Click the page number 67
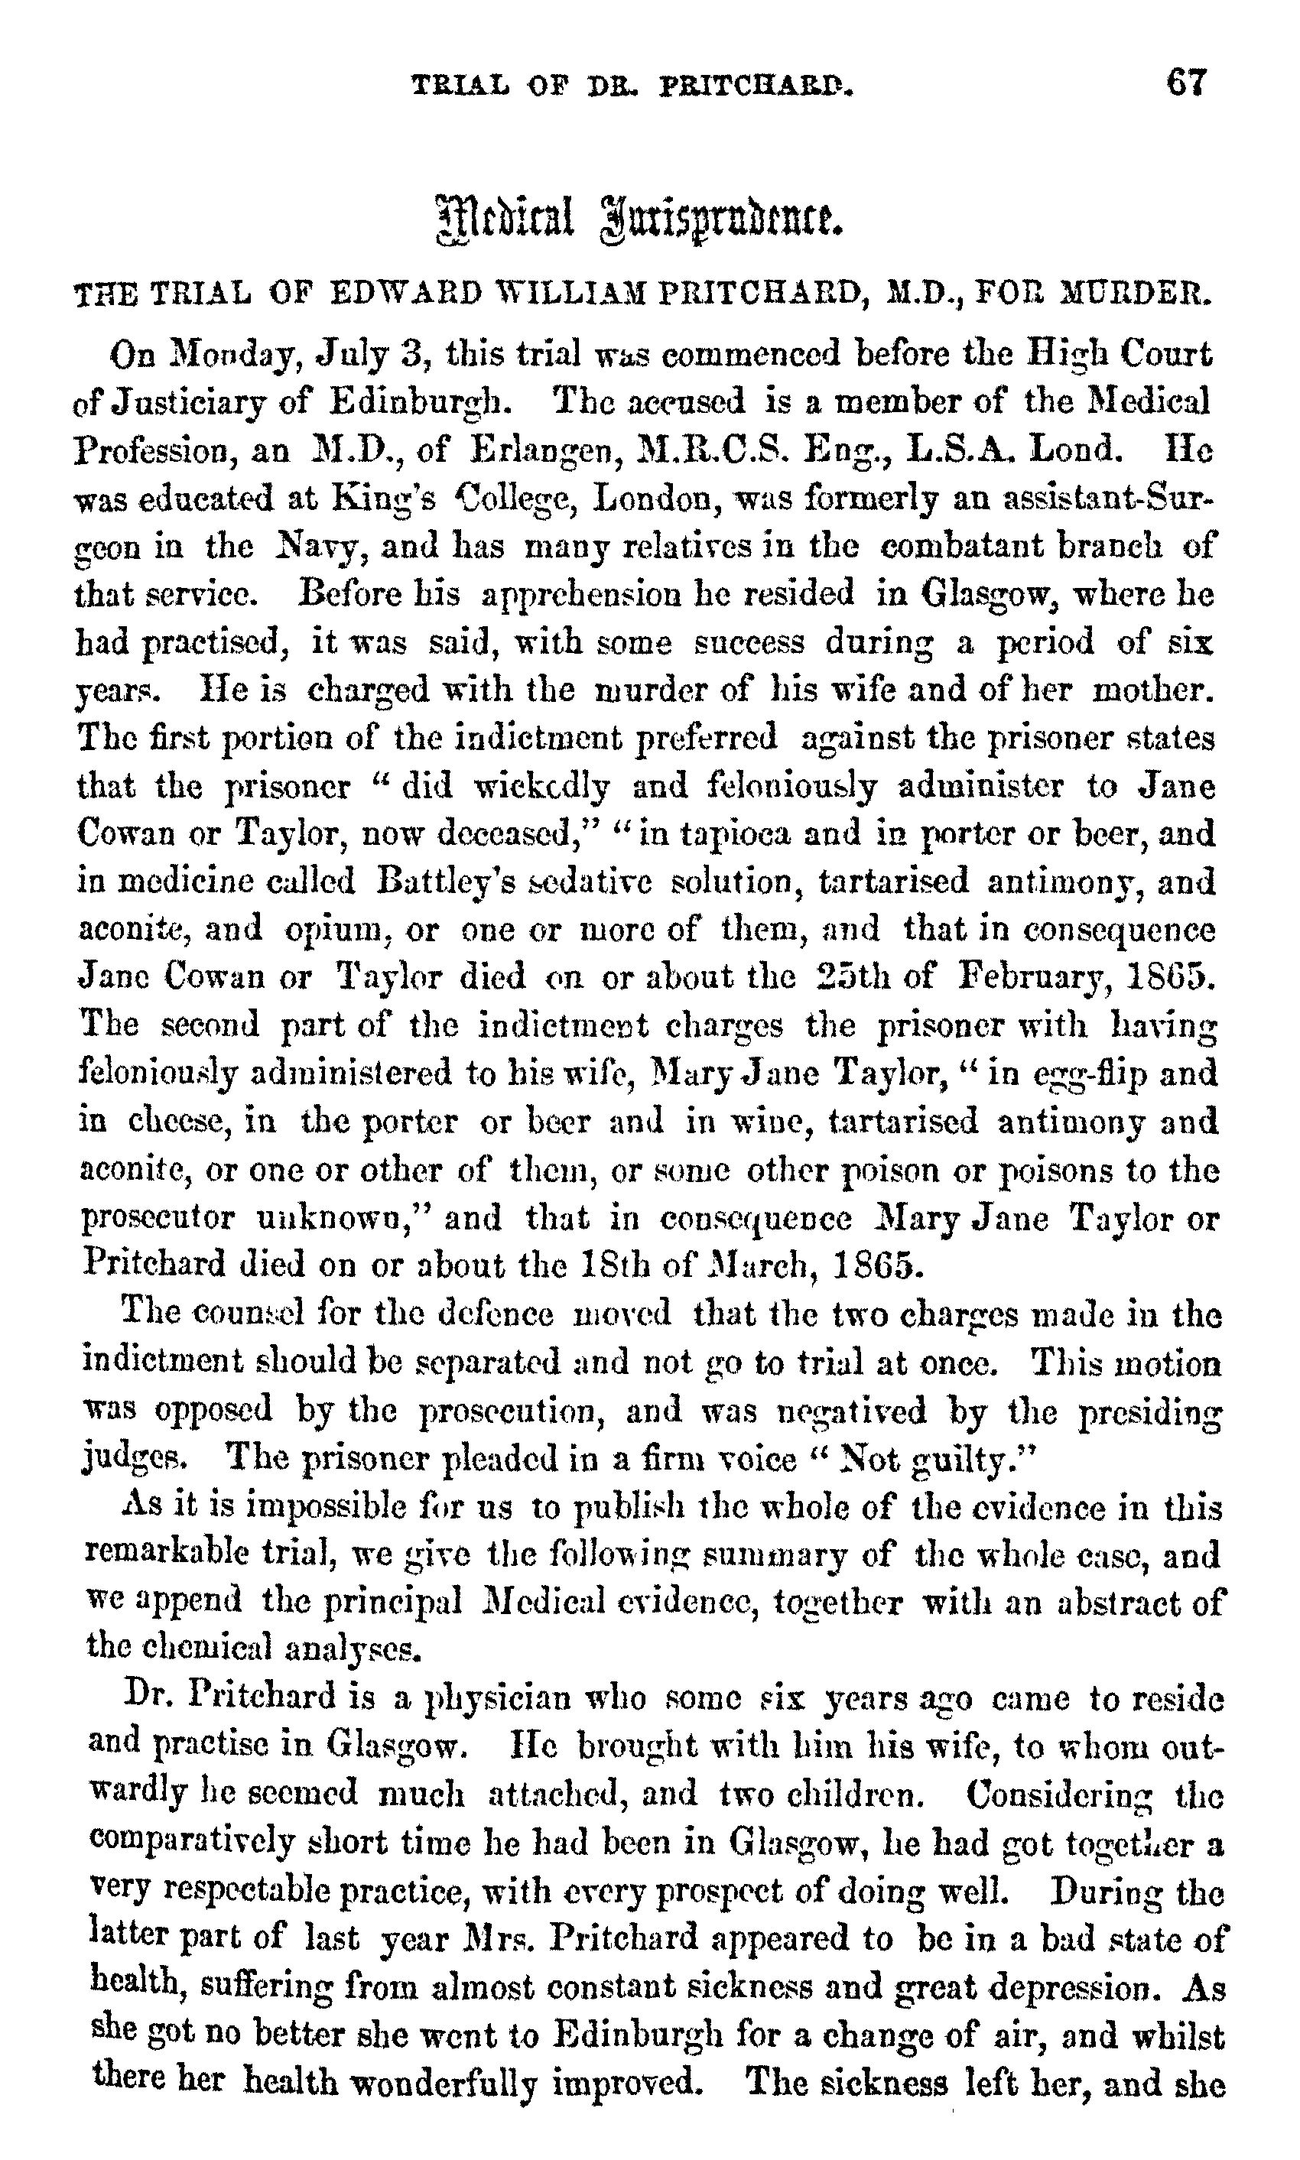pos(1186,83)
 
